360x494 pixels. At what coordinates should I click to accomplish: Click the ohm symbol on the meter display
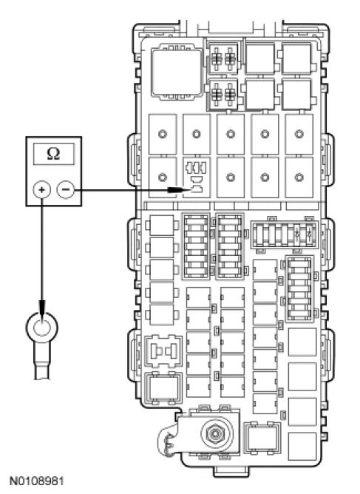click(x=53, y=154)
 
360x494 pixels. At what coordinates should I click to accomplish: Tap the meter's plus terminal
click(x=41, y=189)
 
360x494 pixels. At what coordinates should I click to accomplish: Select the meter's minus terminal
click(x=66, y=189)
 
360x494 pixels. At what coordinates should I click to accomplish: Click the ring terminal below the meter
click(x=42, y=328)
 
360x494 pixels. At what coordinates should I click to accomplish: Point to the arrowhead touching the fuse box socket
click(x=174, y=189)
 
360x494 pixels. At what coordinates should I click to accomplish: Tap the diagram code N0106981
click(x=36, y=481)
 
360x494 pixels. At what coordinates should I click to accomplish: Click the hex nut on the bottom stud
click(x=214, y=434)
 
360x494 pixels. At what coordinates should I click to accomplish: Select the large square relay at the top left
click(x=177, y=72)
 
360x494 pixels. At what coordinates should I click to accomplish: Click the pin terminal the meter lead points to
click(x=197, y=189)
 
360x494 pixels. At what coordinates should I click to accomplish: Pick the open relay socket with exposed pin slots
click(x=197, y=177)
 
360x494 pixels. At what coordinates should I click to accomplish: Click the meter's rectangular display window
click(x=54, y=154)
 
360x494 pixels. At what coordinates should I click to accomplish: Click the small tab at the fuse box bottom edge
click(x=231, y=472)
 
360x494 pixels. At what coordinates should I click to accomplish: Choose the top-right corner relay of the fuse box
click(x=296, y=59)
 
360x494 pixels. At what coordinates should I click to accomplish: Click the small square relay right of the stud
click(x=262, y=438)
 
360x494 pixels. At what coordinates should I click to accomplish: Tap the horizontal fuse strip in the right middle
click(x=285, y=234)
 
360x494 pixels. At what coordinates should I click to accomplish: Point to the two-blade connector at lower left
click(x=163, y=351)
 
